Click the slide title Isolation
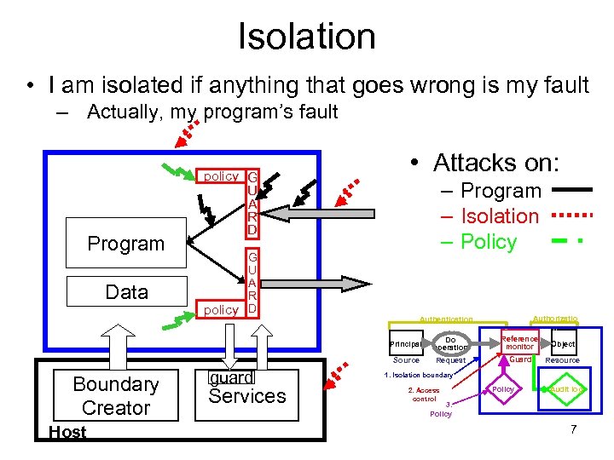pyautogui.click(x=306, y=37)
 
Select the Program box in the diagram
pyautogui.click(x=126, y=244)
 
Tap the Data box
pyautogui.click(x=126, y=292)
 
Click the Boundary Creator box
pyautogui.click(x=116, y=396)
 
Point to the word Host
pyautogui.click(x=67, y=432)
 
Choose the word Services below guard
pyautogui.click(x=247, y=396)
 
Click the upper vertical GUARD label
pyautogui.click(x=252, y=203)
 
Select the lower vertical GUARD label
pyautogui.click(x=252, y=281)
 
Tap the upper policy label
pyautogui.click(x=221, y=176)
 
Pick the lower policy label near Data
pyautogui.click(x=221, y=310)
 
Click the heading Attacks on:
pyautogui.click(x=495, y=162)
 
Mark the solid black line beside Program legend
pyautogui.click(x=572, y=191)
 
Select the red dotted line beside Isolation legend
pyautogui.click(x=572, y=216)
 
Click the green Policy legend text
pyautogui.click(x=489, y=242)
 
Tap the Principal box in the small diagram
pyautogui.click(x=405, y=344)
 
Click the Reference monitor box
pyautogui.click(x=519, y=342)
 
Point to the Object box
pyautogui.click(x=563, y=343)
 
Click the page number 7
pyautogui.click(x=573, y=429)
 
